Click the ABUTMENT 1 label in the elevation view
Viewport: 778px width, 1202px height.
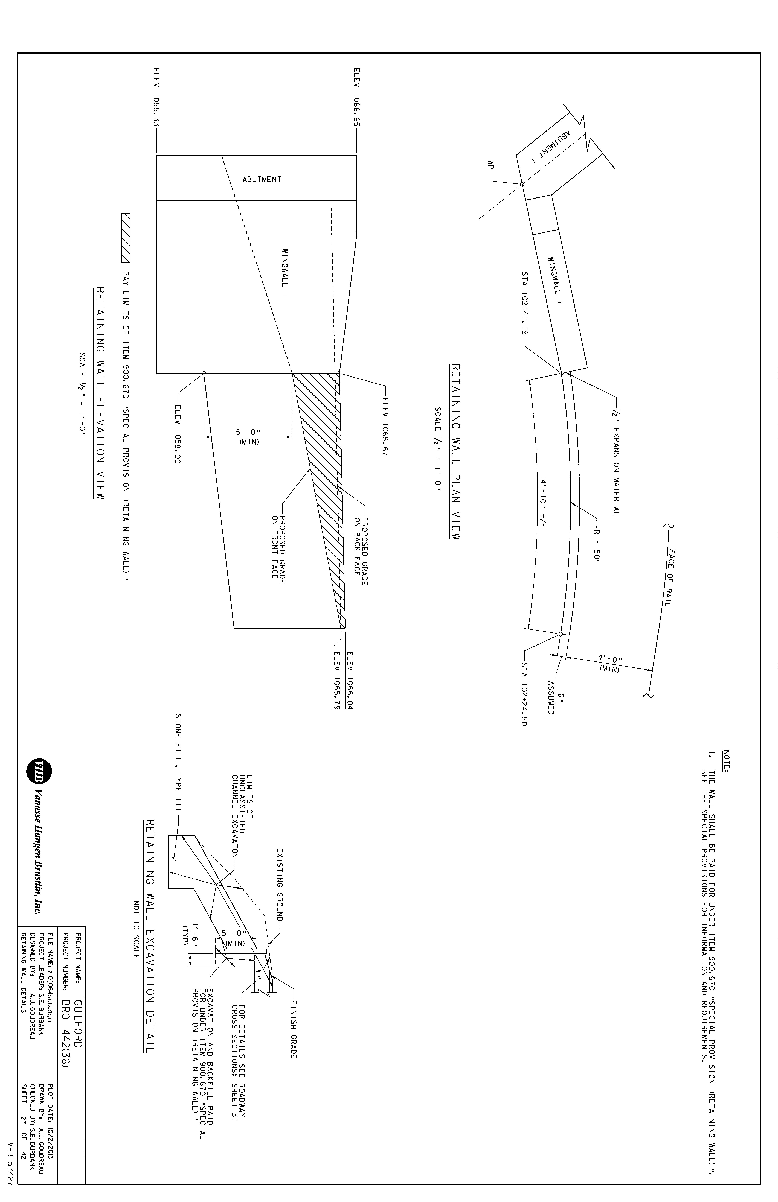click(x=263, y=179)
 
